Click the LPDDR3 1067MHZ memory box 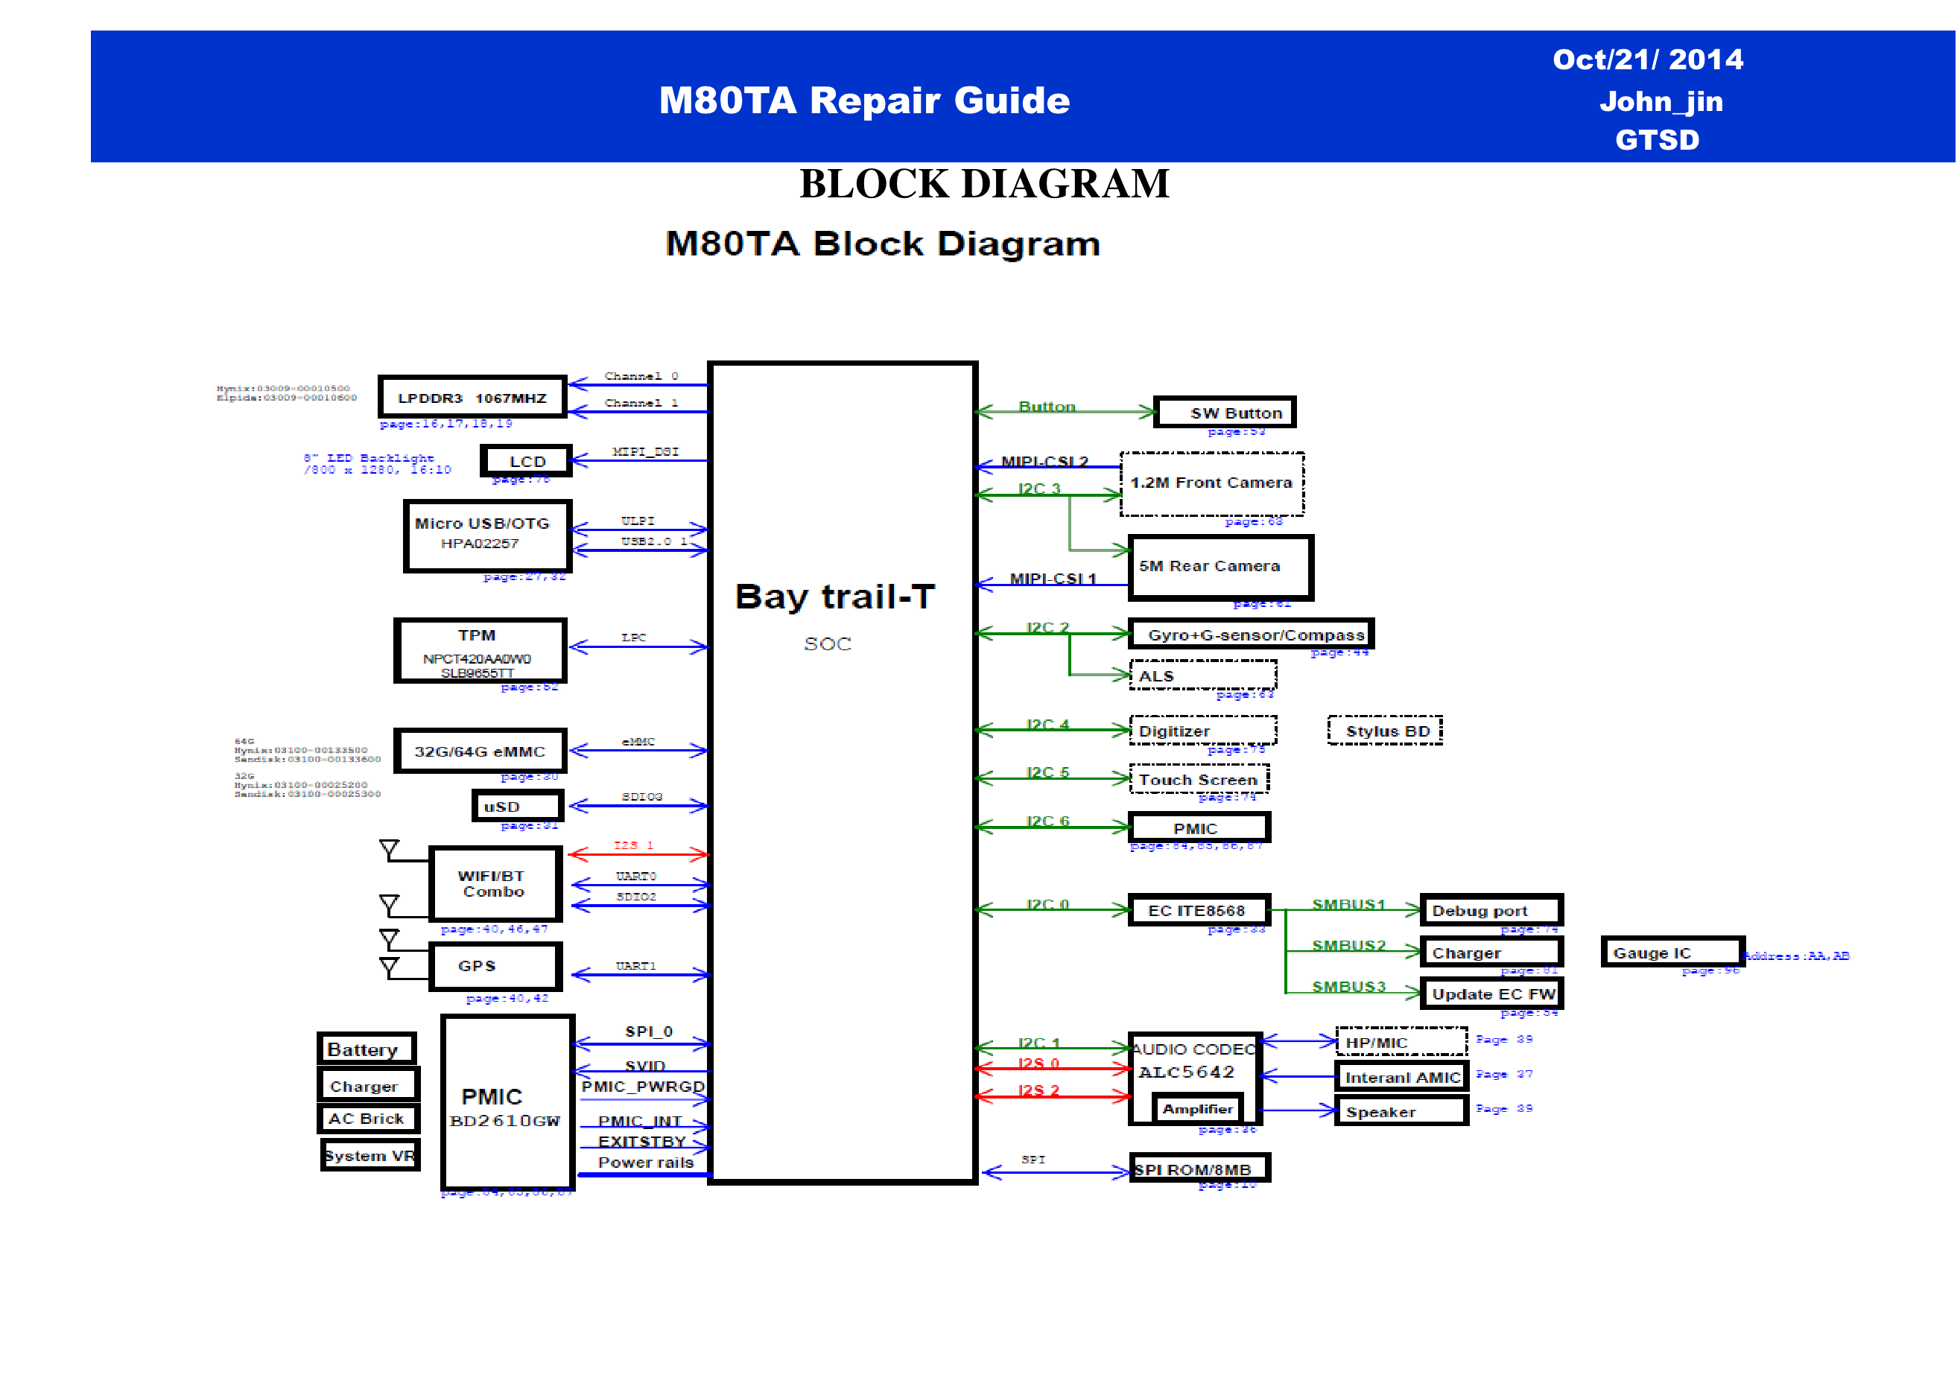(472, 398)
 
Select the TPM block (480, 651)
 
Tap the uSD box (517, 806)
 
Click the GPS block (495, 966)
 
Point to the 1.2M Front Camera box (1211, 484)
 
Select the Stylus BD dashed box (1385, 731)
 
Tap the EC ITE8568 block (1199, 911)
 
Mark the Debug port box (1491, 911)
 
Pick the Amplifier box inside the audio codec (1197, 1110)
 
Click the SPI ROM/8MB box (1199, 1169)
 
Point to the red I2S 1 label (633, 845)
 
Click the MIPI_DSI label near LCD (645, 451)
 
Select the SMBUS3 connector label (1349, 987)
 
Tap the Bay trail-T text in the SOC (835, 597)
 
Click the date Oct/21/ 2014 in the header (1648, 59)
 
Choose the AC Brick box (368, 1119)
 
